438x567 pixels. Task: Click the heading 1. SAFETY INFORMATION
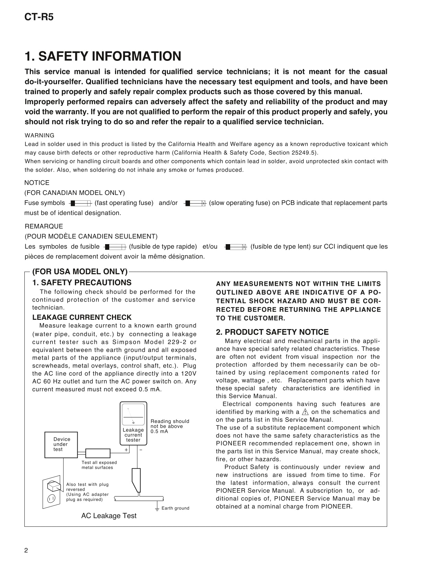(103, 56)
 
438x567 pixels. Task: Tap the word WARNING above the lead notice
(40, 135)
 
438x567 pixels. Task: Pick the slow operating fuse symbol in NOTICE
(195, 203)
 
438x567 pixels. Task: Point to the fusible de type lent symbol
(236, 247)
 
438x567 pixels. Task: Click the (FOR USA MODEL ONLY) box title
(80, 272)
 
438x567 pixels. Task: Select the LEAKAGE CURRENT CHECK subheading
(82, 317)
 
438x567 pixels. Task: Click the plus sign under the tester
(126, 450)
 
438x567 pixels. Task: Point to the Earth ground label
(175, 508)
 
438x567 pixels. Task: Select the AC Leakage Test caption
(109, 516)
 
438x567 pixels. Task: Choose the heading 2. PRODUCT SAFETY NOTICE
(272, 332)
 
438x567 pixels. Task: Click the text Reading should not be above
(170, 424)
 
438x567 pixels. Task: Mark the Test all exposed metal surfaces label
(99, 465)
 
